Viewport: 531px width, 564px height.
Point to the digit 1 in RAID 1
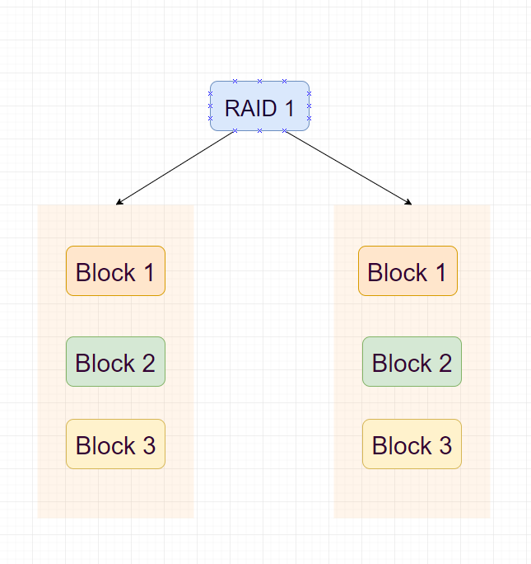pos(288,108)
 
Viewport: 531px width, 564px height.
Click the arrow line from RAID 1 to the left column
pos(177,167)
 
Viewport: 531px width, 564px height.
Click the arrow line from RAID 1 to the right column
pos(346,167)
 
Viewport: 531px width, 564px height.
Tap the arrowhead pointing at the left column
pos(119,202)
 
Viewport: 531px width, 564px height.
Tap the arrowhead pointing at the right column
pos(408,202)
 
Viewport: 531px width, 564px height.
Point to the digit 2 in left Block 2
pos(148,364)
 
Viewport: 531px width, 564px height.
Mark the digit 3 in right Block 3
pos(445,446)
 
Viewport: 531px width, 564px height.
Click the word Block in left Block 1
pos(105,273)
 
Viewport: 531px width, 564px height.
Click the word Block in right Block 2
pos(402,364)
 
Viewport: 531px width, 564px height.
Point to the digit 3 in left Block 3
pos(148,446)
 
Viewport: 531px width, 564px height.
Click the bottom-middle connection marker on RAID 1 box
pos(259,130)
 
